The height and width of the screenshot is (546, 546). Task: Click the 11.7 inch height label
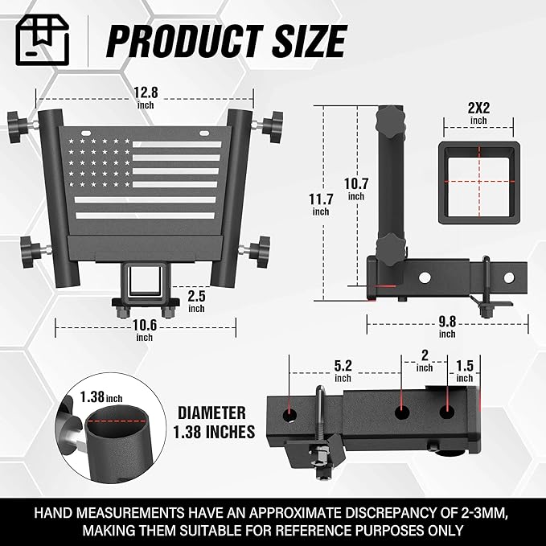(x=320, y=205)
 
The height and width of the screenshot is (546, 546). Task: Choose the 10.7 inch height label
(x=356, y=187)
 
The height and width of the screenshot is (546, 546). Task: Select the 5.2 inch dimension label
(x=343, y=368)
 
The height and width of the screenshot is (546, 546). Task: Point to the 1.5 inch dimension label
(x=465, y=368)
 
